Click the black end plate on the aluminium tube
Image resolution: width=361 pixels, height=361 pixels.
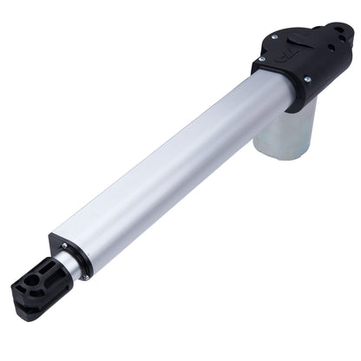tap(70, 253)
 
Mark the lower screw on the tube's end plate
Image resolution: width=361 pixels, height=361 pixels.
tap(83, 276)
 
